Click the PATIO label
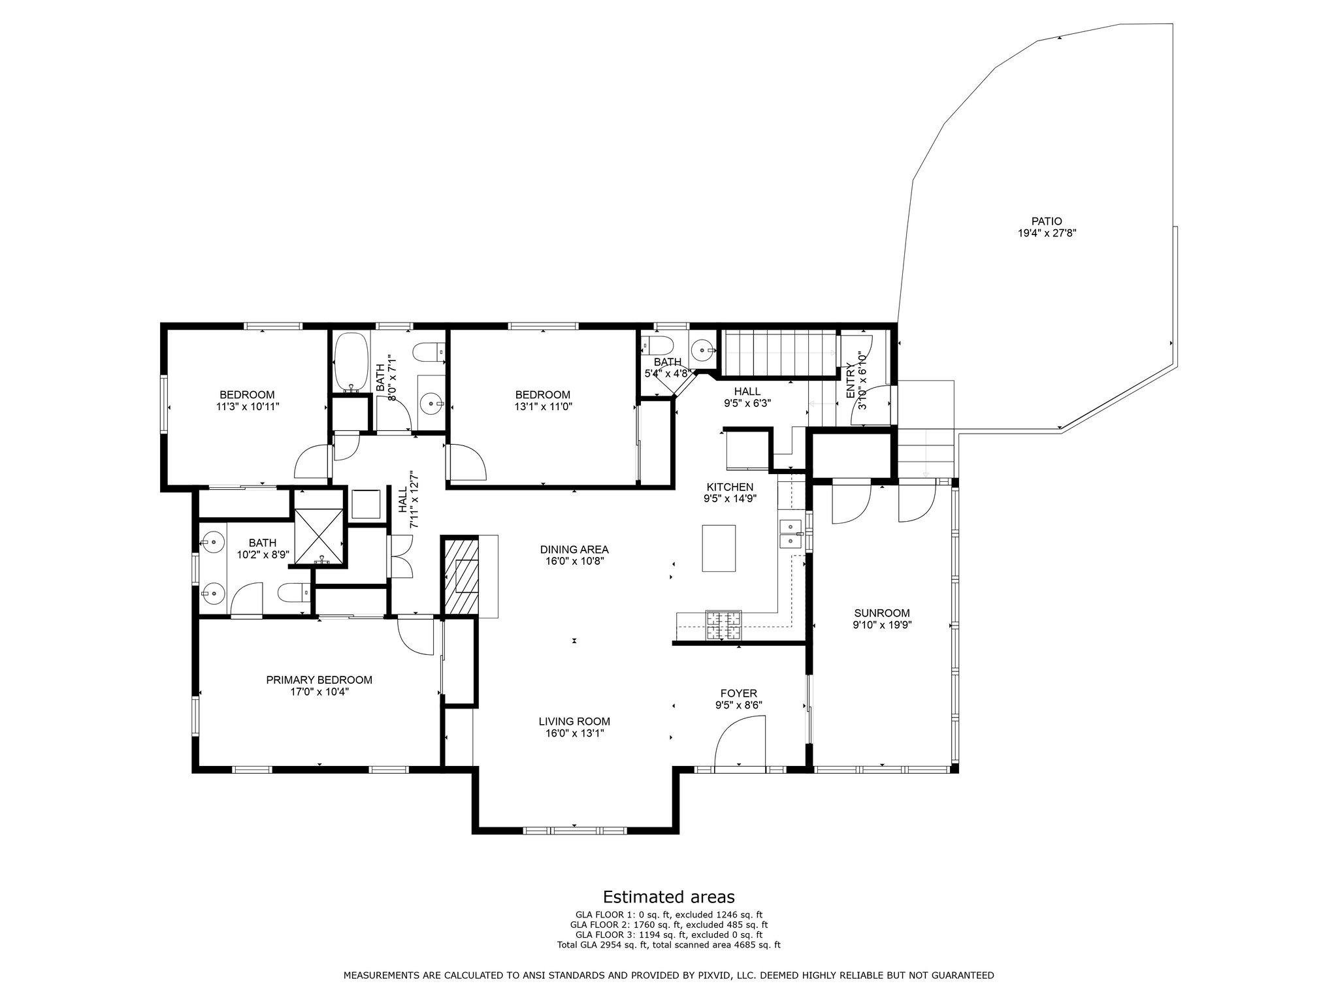[x=1047, y=221]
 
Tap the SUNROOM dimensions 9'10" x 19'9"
[x=882, y=624]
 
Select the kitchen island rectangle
[x=719, y=549]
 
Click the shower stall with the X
[x=319, y=535]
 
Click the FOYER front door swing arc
[x=740, y=741]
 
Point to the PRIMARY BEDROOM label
[x=319, y=680]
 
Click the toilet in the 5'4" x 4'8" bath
[x=653, y=344]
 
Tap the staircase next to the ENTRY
[x=779, y=353]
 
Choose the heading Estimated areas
[x=668, y=897]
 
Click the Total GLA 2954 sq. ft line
[x=668, y=944]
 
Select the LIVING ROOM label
[x=574, y=722]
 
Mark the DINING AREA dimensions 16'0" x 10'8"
[x=574, y=560]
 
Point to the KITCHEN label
[x=730, y=487]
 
